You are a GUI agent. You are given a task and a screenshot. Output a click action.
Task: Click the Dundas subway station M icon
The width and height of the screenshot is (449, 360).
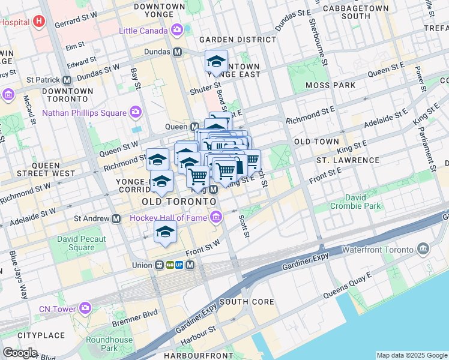178,52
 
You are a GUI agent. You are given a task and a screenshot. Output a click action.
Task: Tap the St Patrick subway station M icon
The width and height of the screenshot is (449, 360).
67,80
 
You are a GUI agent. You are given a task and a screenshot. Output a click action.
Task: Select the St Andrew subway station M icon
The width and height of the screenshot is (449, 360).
115,219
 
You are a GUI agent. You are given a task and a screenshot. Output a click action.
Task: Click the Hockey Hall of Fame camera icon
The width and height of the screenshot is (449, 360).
215,217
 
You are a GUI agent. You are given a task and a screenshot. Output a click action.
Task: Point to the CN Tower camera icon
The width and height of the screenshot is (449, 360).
85,309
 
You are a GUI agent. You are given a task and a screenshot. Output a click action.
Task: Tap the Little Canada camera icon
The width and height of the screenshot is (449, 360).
177,30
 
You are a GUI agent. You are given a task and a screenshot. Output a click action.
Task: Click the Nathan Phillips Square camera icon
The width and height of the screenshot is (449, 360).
136,113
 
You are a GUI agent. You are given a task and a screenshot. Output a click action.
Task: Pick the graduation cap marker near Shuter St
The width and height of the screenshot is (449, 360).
215,62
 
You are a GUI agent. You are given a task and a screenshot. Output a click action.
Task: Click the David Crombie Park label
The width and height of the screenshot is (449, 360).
355,201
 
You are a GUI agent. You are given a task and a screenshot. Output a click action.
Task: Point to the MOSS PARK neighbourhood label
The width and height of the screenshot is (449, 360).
331,85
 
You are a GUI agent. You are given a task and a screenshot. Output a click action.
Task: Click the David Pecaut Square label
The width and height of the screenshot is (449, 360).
81,243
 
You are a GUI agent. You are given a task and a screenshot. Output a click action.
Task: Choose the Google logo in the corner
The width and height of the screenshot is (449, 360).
19,353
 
